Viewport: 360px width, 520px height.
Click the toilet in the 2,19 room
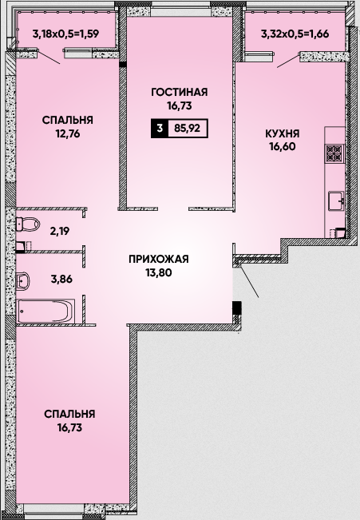point(28,224)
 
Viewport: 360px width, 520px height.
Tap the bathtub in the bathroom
point(45,311)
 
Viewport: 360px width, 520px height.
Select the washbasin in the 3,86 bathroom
point(23,280)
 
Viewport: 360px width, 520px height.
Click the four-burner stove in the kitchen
point(334,153)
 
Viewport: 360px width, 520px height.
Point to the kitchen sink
point(337,200)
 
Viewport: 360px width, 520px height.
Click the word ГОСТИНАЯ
point(180,92)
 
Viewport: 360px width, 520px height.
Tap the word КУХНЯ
point(283,133)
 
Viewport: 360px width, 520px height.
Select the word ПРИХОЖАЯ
point(159,259)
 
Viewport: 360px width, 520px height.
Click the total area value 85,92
point(188,128)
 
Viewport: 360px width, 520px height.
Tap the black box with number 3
point(160,128)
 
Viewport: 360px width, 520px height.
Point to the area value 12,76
point(68,134)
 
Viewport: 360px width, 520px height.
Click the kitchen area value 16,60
point(283,147)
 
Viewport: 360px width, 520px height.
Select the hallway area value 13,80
point(159,272)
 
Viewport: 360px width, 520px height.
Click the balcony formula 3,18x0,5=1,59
point(66,34)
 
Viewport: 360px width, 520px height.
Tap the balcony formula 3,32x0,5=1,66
point(295,34)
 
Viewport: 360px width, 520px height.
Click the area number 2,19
point(60,231)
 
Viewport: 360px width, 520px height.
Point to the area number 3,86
point(61,280)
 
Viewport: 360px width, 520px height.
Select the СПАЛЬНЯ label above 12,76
point(68,120)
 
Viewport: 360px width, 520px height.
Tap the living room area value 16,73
point(180,105)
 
